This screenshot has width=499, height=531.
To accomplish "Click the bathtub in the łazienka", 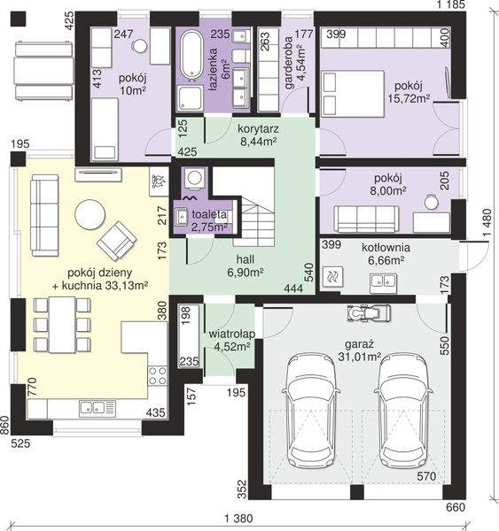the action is [191, 57].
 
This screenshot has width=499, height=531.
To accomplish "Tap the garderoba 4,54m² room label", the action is [295, 63].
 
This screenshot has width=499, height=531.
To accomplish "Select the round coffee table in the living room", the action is [90, 214].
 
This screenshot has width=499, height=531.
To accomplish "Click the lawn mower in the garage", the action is [369, 313].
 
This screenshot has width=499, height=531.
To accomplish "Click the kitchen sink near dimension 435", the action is [97, 408].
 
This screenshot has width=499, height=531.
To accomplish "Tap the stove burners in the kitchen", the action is [158, 376].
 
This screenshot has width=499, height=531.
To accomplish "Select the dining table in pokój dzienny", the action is [62, 325].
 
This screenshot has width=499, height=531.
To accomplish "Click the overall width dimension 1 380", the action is [238, 519].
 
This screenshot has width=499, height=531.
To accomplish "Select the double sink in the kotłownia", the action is [384, 281].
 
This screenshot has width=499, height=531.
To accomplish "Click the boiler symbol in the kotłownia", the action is [331, 277].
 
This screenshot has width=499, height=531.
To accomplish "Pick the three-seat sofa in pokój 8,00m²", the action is [366, 219].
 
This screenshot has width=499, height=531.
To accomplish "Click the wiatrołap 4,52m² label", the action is [232, 340].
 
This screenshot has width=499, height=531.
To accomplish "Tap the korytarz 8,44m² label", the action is [258, 135].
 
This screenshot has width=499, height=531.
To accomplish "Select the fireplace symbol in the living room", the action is [159, 181].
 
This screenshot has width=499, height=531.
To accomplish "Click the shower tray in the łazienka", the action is [190, 98].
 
